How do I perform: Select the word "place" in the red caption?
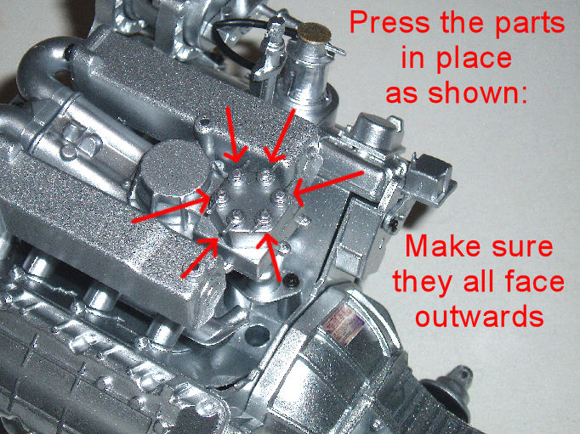tap(475, 59)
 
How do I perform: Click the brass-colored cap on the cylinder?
tap(315, 32)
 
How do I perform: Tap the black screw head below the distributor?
tap(292, 281)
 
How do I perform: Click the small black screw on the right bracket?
tap(394, 223)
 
